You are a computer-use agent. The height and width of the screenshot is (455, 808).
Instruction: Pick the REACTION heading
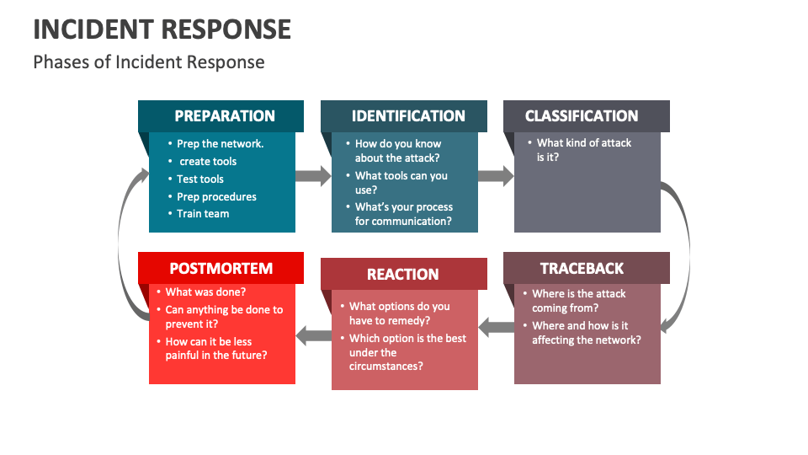pyautogui.click(x=404, y=274)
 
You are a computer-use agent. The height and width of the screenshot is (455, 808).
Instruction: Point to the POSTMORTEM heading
pyautogui.click(x=221, y=268)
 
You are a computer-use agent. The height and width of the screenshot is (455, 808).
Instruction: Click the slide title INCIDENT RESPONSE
pyautogui.click(x=162, y=29)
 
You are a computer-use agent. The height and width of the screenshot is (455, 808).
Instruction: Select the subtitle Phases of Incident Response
pyautogui.click(x=149, y=62)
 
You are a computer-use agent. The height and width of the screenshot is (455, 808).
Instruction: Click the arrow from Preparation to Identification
pyautogui.click(x=313, y=176)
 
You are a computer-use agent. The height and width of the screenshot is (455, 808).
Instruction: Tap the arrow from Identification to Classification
pyautogui.click(x=496, y=176)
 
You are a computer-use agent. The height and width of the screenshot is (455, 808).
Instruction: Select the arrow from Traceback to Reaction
pyautogui.click(x=496, y=326)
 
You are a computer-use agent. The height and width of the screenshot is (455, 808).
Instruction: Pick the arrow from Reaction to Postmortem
pyautogui.click(x=313, y=335)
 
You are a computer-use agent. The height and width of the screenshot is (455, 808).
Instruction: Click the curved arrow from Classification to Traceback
pyautogui.click(x=678, y=253)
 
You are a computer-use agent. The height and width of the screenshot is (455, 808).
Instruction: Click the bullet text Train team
pyautogui.click(x=203, y=214)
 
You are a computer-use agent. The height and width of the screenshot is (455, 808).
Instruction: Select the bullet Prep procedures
pyautogui.click(x=216, y=196)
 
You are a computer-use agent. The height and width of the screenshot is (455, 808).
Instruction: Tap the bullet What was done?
pyautogui.click(x=205, y=292)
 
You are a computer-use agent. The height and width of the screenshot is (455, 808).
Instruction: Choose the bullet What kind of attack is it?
pyautogui.click(x=583, y=150)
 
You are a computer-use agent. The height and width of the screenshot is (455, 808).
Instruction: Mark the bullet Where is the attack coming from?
pyautogui.click(x=578, y=301)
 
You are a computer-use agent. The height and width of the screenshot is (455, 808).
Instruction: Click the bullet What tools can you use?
pyautogui.click(x=401, y=183)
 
